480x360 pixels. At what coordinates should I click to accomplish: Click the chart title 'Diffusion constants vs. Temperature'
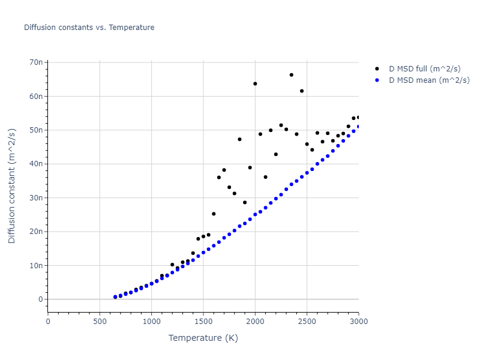point(89,28)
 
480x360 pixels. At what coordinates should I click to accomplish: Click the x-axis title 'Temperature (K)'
point(203,338)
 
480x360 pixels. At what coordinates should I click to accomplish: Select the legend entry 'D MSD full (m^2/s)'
point(428,69)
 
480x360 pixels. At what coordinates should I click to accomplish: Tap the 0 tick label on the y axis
point(41,299)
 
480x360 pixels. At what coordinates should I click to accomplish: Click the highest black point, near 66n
point(291,75)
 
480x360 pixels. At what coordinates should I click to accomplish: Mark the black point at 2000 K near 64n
point(255,83)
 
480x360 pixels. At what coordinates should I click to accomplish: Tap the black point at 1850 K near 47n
point(239,139)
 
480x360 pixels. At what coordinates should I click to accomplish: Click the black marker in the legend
point(377,69)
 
